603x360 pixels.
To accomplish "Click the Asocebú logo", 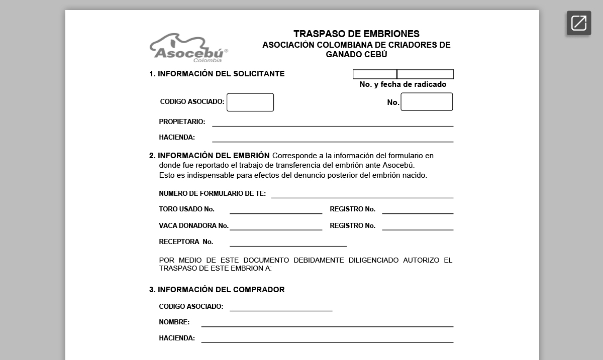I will point(188,48).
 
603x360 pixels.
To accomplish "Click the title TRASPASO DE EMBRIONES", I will point(356,34).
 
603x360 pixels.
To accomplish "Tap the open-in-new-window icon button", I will point(579,23).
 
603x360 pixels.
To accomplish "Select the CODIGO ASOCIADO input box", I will point(250,102).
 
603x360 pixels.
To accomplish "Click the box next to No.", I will point(427,102).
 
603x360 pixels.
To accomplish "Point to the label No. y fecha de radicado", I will point(403,84).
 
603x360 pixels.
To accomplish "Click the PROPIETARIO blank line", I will point(333,123).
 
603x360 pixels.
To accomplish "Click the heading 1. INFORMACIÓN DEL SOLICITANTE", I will point(217,74).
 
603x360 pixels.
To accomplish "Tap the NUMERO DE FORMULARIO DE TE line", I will point(362,194).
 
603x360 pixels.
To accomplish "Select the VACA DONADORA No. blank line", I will point(276,226).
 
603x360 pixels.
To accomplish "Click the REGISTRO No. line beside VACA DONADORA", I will point(418,226).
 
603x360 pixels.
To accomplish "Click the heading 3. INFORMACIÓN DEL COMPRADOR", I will point(217,290).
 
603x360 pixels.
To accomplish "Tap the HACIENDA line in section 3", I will point(327,339).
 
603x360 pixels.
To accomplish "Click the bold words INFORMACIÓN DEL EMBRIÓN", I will point(214,156).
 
